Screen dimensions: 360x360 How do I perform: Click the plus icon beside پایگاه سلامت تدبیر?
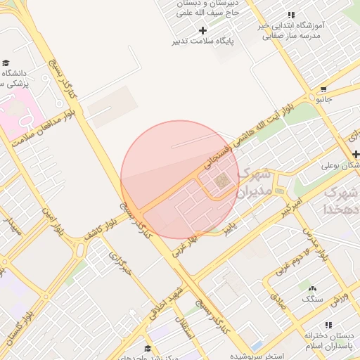[203, 30]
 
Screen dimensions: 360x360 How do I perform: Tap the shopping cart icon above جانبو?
[323, 89]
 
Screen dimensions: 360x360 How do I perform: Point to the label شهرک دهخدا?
[342, 200]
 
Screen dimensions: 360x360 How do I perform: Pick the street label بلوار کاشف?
[98, 231]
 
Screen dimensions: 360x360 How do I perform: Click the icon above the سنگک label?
[312, 288]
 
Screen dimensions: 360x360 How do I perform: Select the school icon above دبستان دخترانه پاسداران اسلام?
[328, 324]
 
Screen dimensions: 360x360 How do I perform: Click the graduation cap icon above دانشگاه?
[6, 63]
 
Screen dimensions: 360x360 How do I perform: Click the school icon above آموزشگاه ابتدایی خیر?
[291, 15]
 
